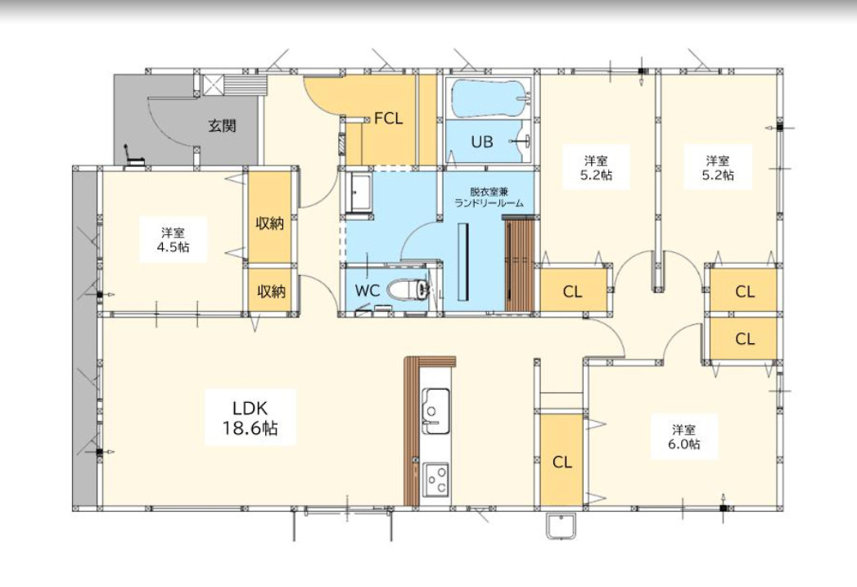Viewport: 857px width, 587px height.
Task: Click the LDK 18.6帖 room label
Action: click(250, 418)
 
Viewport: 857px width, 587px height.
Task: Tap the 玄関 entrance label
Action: click(223, 126)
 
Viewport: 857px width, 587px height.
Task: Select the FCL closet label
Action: click(388, 119)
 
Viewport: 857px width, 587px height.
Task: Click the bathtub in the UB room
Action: click(489, 99)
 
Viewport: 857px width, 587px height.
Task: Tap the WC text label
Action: click(368, 291)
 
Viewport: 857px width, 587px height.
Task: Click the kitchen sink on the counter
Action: click(436, 411)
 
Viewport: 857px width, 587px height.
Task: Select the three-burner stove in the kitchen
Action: click(436, 480)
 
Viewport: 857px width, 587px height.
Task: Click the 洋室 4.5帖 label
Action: click(174, 240)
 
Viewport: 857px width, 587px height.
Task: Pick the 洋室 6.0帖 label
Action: click(684, 436)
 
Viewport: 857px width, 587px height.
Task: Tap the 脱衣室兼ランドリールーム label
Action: click(489, 197)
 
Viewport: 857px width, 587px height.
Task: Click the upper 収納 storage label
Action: click(270, 223)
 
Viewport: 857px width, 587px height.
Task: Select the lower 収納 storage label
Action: click(271, 291)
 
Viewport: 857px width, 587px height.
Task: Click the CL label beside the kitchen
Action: click(562, 463)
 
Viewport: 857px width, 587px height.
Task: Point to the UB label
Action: click(482, 142)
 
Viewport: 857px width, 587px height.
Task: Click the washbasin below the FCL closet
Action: click(358, 192)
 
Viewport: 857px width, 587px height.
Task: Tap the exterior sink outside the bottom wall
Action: click(561, 527)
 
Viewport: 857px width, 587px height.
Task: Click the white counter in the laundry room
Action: click(463, 262)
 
